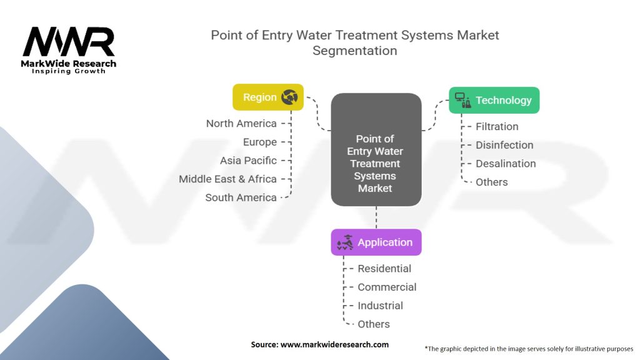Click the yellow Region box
point(267,97)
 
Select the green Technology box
point(494,100)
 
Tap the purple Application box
point(376,242)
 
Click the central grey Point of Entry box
point(376,162)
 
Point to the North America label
point(241,124)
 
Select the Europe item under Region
point(259,142)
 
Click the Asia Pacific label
point(248,161)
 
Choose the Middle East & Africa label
point(227,179)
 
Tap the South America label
point(241,197)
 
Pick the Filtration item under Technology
point(497,126)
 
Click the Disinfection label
point(504,145)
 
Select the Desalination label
point(506,164)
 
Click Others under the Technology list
point(492,182)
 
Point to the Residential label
point(384,269)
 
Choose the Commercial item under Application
point(387,287)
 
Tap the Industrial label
point(380,306)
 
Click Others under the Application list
point(374,324)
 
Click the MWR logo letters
point(69,42)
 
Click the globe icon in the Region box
point(290,97)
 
